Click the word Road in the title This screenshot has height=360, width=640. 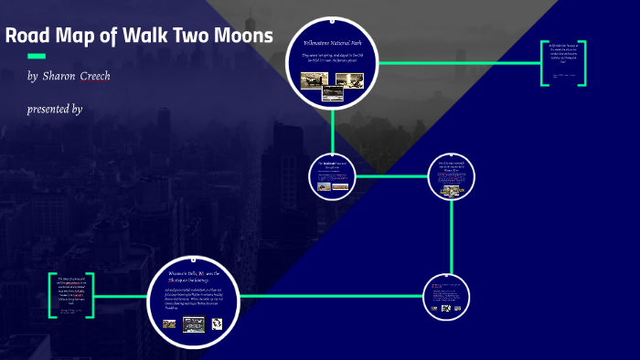click(x=26, y=37)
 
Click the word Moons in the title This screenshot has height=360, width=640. click(x=240, y=37)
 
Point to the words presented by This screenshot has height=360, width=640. click(x=55, y=109)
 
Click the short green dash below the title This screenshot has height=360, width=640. click(x=37, y=56)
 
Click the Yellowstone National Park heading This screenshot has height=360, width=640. click(x=333, y=43)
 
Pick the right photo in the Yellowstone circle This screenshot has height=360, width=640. click(x=348, y=80)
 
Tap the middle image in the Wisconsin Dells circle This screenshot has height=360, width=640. click(x=193, y=323)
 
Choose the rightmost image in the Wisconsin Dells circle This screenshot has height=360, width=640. click(x=218, y=323)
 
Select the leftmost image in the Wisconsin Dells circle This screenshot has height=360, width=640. click(x=169, y=323)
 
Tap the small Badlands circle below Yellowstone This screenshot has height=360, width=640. click(x=333, y=175)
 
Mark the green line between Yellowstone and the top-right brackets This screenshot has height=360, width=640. click(x=457, y=63)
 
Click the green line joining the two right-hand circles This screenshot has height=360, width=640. click(x=453, y=236)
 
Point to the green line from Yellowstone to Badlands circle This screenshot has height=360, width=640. click(x=333, y=128)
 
